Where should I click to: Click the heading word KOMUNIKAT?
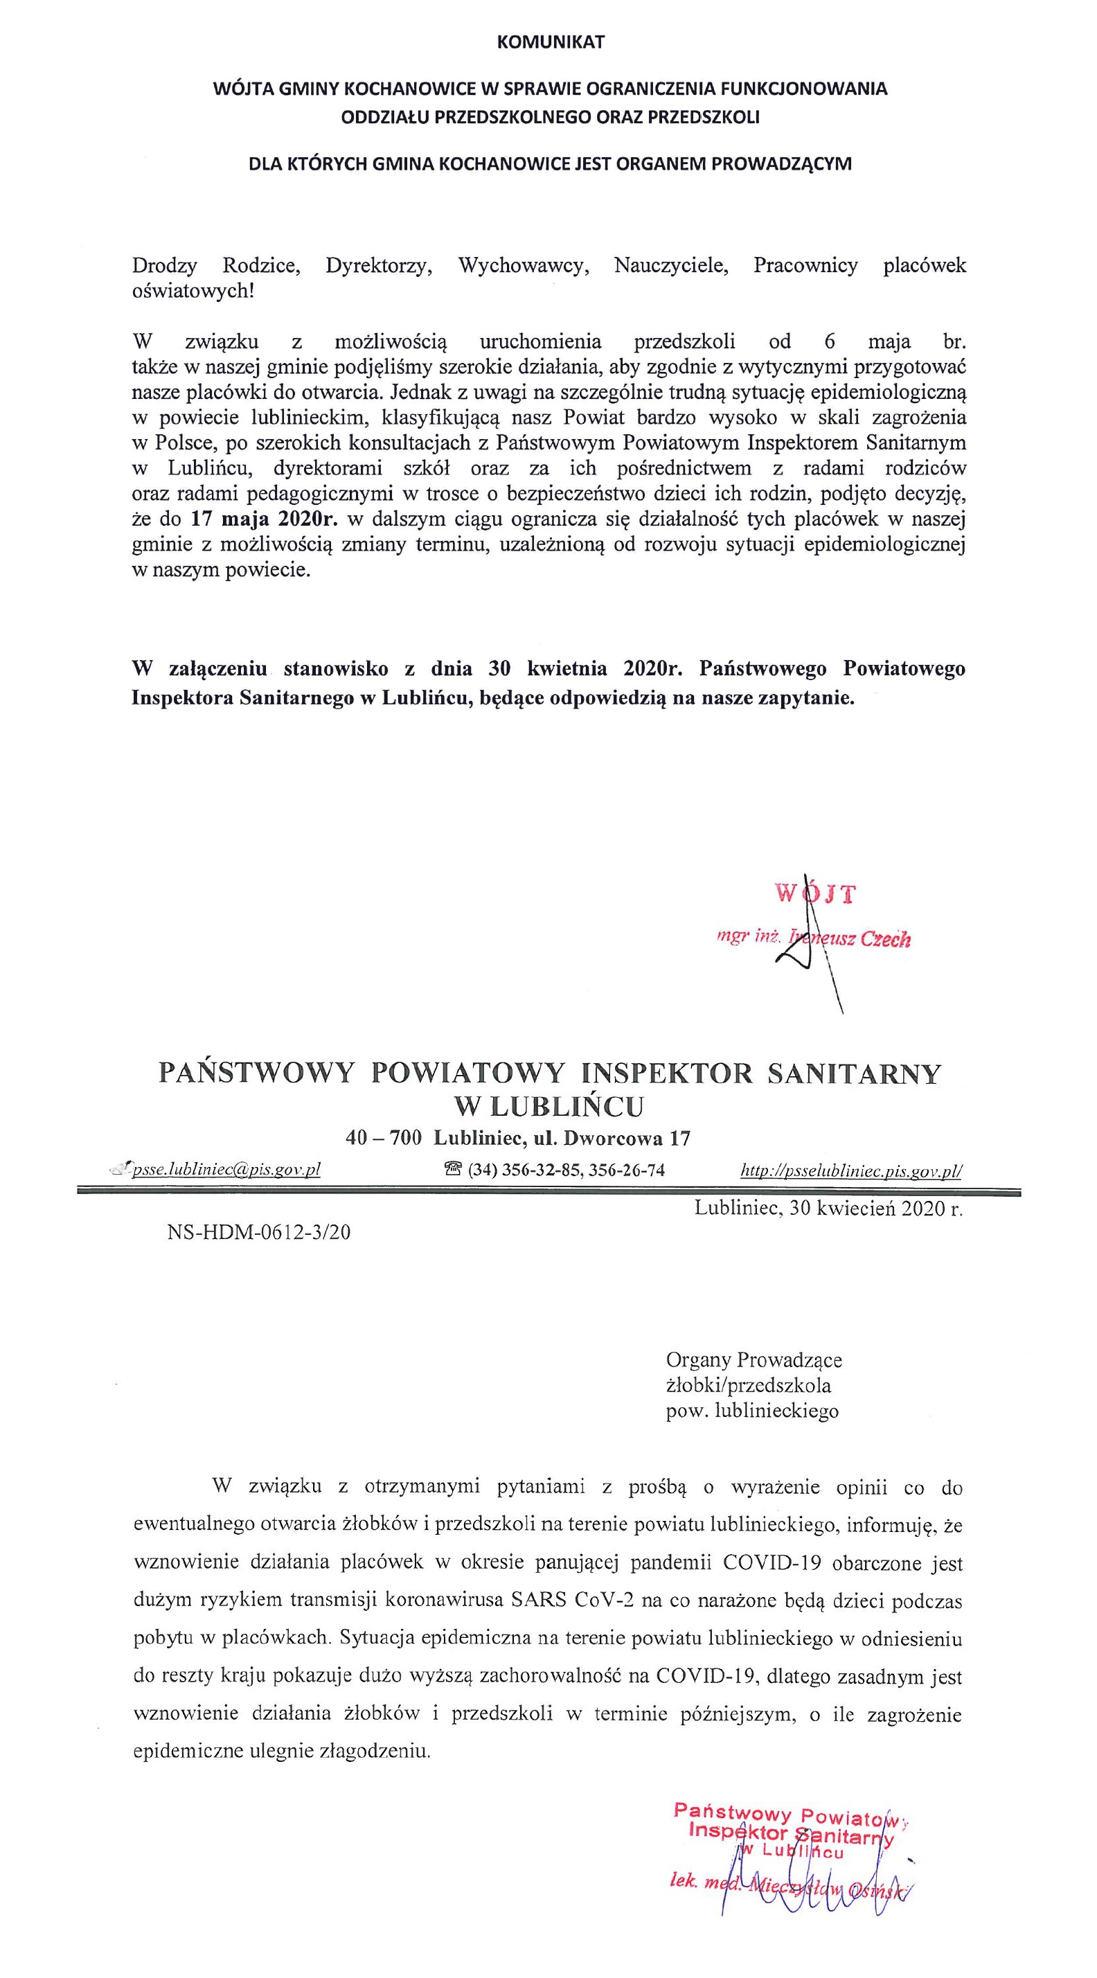coord(551,42)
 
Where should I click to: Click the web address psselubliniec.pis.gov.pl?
coord(850,1170)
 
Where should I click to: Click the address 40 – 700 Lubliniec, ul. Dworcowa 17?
coord(518,1138)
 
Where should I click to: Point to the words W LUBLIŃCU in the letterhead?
coord(549,1106)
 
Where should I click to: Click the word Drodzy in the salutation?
coord(164,266)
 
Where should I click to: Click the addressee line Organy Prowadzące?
coord(754,1361)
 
